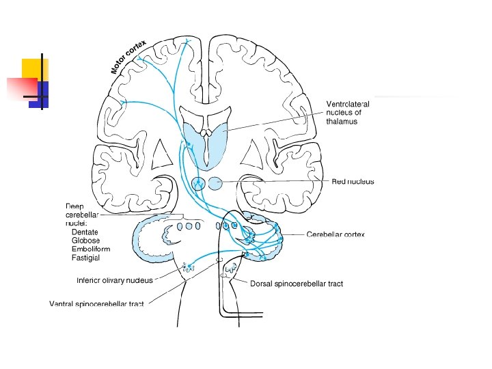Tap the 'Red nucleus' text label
click(x=353, y=181)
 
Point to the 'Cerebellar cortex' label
click(x=336, y=234)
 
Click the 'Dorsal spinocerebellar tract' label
click(x=297, y=283)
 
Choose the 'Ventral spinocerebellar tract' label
click(x=96, y=303)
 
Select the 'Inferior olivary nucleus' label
click(x=114, y=280)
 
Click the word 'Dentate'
click(x=85, y=232)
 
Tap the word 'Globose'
click(x=85, y=241)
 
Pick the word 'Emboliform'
click(x=90, y=249)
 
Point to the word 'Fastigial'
click(x=85, y=258)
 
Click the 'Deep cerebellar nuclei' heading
click(x=82, y=214)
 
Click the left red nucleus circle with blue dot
click(x=199, y=183)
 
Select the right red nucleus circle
click(x=215, y=183)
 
